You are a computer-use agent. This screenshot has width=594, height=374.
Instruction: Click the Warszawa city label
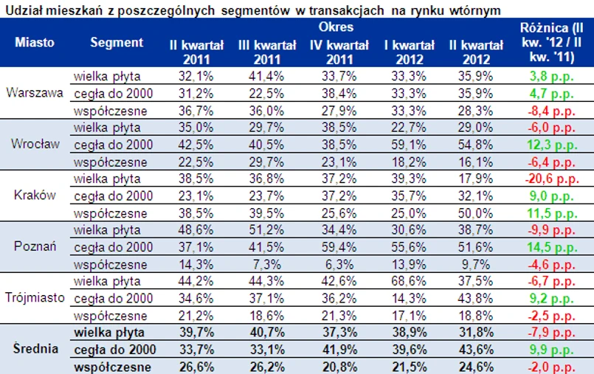(x=34, y=93)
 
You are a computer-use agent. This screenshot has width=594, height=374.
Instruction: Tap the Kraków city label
(x=35, y=195)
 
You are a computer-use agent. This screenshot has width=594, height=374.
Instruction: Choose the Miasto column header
(x=34, y=42)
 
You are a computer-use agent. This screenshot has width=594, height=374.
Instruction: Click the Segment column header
(x=117, y=42)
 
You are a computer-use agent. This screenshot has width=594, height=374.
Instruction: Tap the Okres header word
(x=336, y=27)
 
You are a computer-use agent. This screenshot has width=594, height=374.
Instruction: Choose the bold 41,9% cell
(x=336, y=349)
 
